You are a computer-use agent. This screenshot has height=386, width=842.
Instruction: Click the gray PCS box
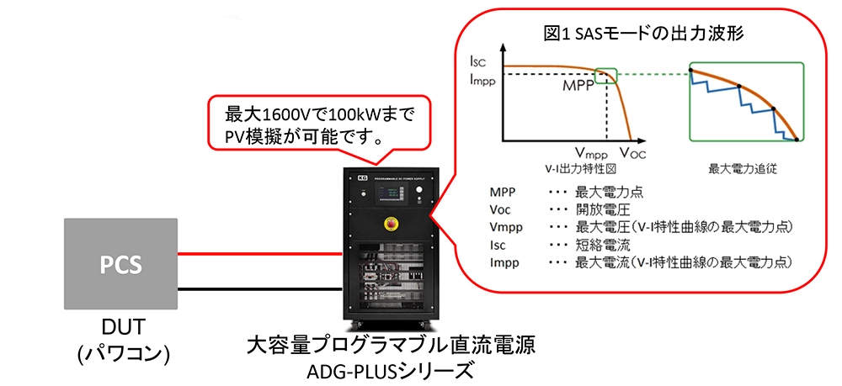(120, 265)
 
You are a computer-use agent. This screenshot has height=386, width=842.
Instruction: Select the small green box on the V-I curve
(605, 76)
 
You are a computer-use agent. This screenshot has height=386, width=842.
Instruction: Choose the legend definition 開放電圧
(602, 209)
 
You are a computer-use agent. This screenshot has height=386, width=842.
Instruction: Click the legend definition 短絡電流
(602, 245)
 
